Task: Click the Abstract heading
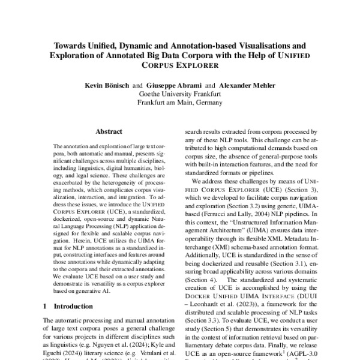[109, 131]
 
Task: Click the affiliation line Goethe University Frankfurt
[179, 94]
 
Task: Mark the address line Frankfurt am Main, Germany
[179, 103]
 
